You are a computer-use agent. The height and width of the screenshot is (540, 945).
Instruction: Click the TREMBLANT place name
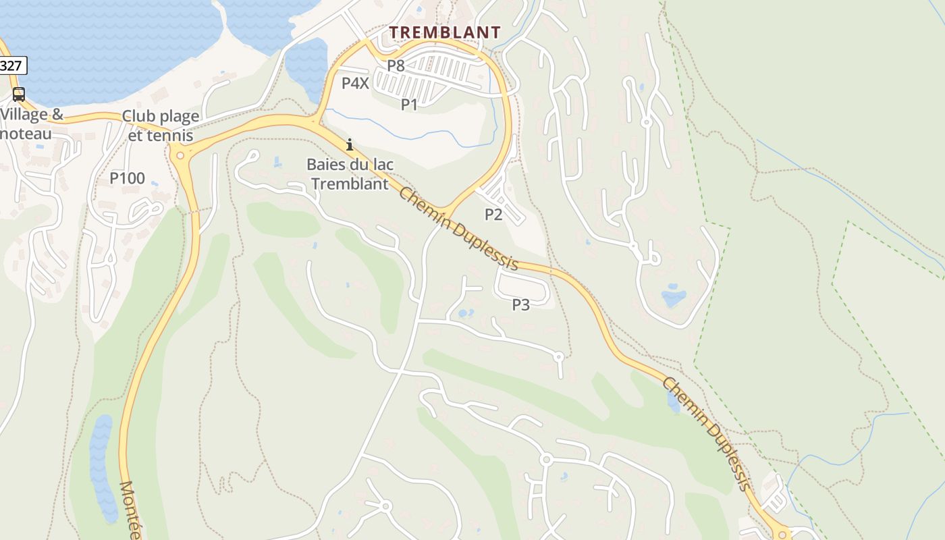[x=445, y=32]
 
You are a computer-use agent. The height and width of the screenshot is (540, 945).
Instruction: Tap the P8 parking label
[x=396, y=65]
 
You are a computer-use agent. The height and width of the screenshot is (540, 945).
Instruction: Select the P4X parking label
[x=355, y=83]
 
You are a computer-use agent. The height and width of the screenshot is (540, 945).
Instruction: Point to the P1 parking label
[x=410, y=104]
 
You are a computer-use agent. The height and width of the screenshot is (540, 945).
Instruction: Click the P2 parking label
[x=493, y=214]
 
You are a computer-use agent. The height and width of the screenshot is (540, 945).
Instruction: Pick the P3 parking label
[x=520, y=304]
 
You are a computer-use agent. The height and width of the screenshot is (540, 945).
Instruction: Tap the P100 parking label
[x=127, y=178]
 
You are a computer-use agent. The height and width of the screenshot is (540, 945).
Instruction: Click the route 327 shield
[x=12, y=66]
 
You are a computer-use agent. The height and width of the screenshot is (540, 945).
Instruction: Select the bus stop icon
[x=19, y=94]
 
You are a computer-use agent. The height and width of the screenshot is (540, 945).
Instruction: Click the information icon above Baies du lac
[x=350, y=144]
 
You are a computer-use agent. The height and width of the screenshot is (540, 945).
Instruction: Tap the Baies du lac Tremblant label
[x=350, y=173]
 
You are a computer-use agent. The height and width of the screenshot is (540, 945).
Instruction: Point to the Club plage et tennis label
[x=161, y=126]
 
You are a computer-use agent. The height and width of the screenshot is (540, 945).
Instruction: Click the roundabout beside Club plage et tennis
[x=180, y=155]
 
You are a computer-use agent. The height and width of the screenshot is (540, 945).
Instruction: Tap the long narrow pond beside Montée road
[x=102, y=466]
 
